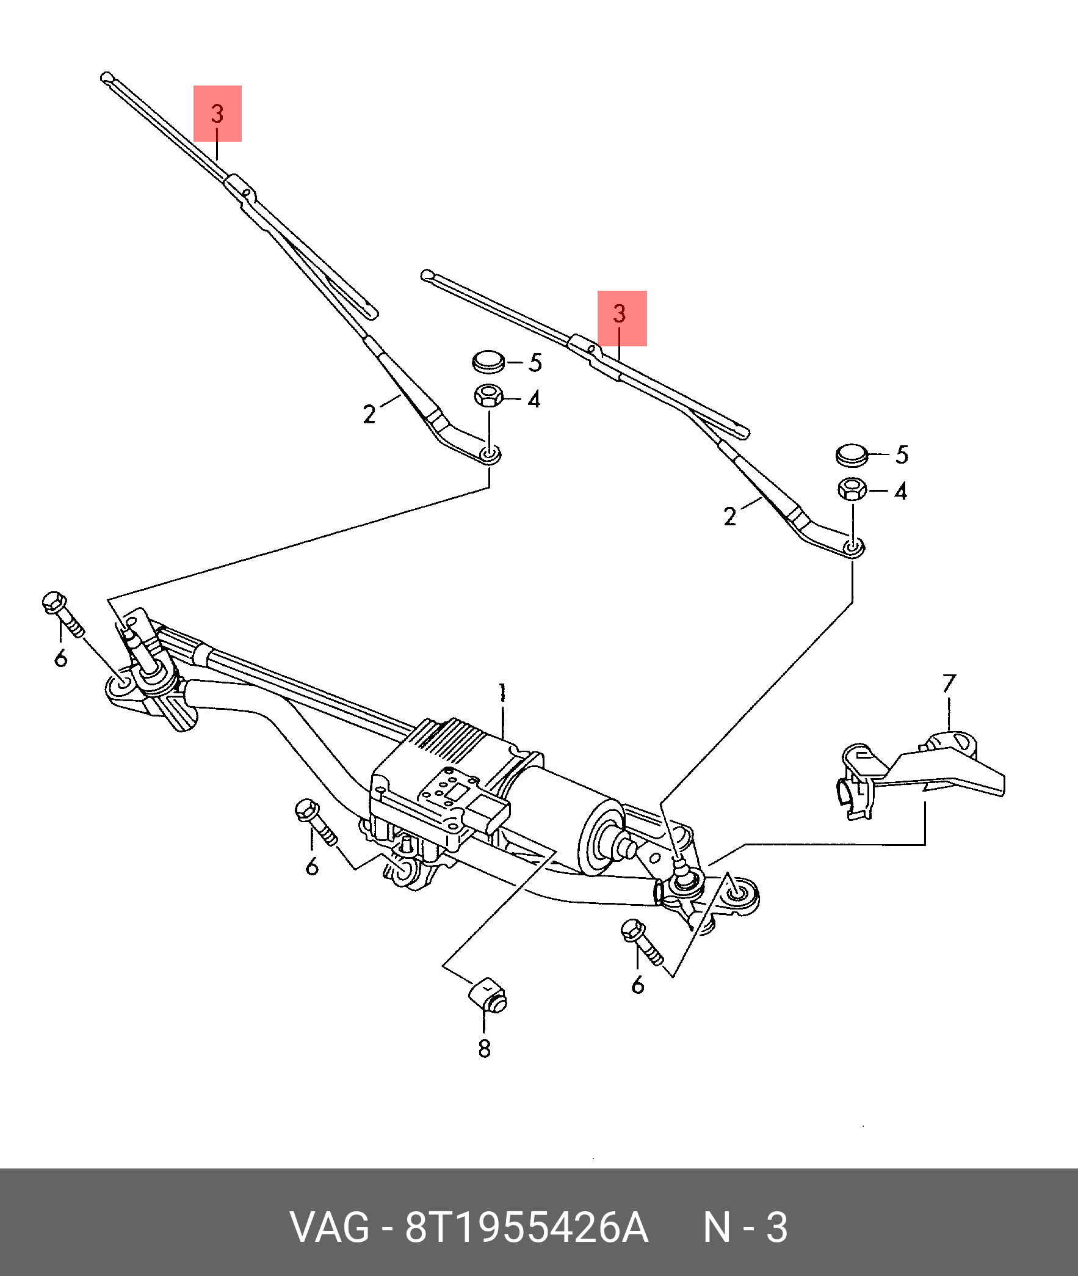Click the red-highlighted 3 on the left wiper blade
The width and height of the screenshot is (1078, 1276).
(217, 114)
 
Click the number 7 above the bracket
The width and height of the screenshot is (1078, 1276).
(949, 684)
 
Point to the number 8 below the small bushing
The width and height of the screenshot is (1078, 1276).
(484, 1048)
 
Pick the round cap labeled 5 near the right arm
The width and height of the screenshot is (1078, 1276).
(852, 455)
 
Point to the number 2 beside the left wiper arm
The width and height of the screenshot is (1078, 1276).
(369, 415)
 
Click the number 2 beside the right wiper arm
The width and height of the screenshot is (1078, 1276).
(729, 517)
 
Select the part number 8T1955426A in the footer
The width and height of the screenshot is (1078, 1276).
(526, 1227)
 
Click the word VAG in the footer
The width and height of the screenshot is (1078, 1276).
(330, 1227)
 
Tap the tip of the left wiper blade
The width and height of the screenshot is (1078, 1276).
(106, 78)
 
